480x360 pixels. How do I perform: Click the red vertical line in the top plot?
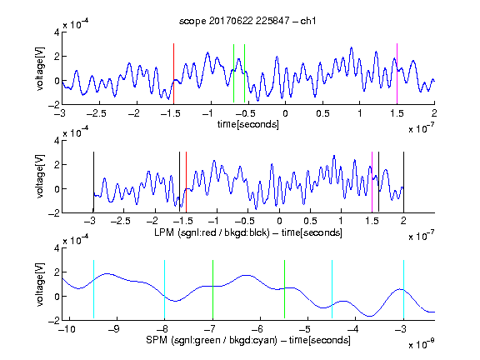(x=173, y=74)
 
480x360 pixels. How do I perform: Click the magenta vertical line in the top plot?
(x=397, y=74)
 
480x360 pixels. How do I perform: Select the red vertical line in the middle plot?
(x=186, y=182)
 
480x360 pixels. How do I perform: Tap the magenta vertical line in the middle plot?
(x=372, y=182)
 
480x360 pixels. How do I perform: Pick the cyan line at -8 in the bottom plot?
(x=165, y=289)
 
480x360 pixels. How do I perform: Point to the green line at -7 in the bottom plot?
(x=212, y=289)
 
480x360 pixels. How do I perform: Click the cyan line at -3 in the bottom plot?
(x=404, y=289)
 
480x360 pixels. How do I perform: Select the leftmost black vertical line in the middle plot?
(x=93, y=182)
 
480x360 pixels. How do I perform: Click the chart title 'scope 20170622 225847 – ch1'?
(x=247, y=21)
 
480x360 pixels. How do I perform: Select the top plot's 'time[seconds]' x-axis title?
(x=248, y=124)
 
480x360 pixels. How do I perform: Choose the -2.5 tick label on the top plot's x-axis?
(x=97, y=113)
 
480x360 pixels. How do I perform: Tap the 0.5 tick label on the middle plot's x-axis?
(x=310, y=221)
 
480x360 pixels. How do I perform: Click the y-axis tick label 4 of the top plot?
(x=57, y=32)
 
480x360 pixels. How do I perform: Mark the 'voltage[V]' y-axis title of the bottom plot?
(x=40, y=284)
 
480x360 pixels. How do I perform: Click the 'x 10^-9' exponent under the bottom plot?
(x=422, y=343)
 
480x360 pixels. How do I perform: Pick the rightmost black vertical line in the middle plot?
(x=404, y=182)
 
